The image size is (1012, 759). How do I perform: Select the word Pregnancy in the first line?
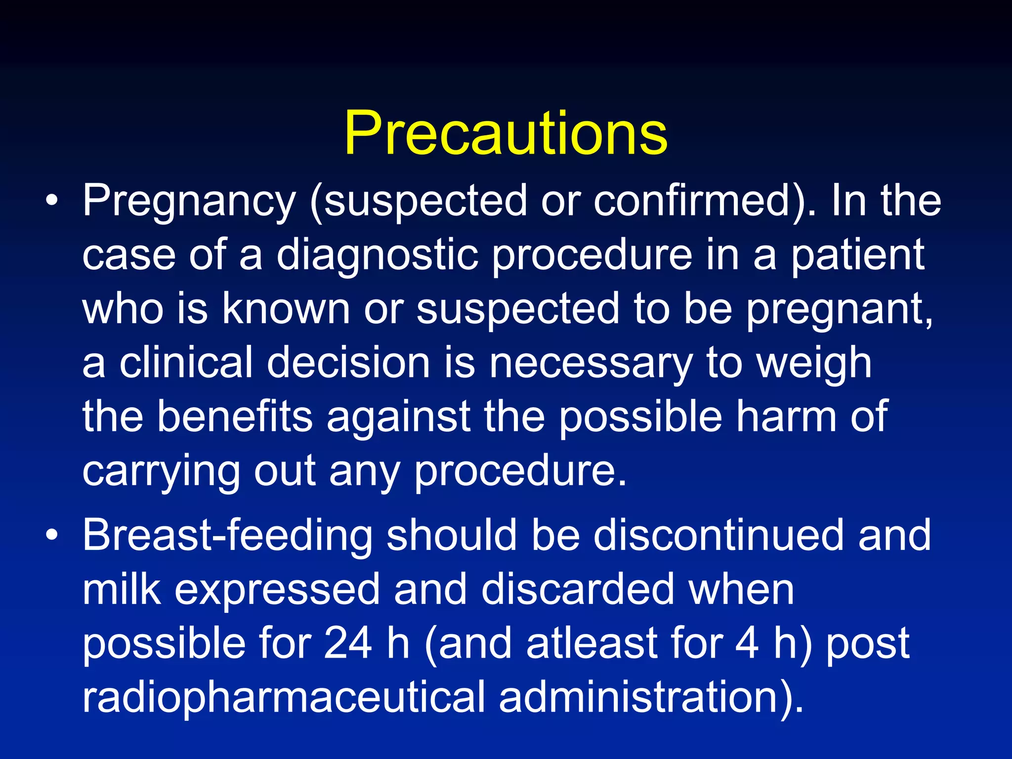pos(189,202)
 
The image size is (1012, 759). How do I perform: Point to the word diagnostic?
pos(377,255)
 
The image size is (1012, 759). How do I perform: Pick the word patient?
pos(858,255)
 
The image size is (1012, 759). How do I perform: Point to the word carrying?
pos(161,472)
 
